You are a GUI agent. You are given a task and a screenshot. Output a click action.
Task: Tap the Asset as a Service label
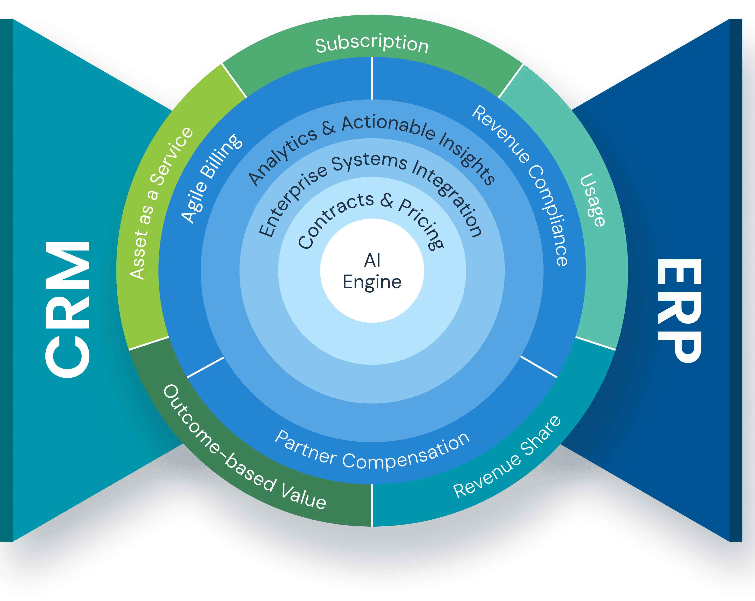tap(161, 203)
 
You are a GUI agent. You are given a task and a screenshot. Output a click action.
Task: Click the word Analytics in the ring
tap(282, 156)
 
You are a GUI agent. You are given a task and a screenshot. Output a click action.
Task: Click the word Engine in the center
tap(372, 282)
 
